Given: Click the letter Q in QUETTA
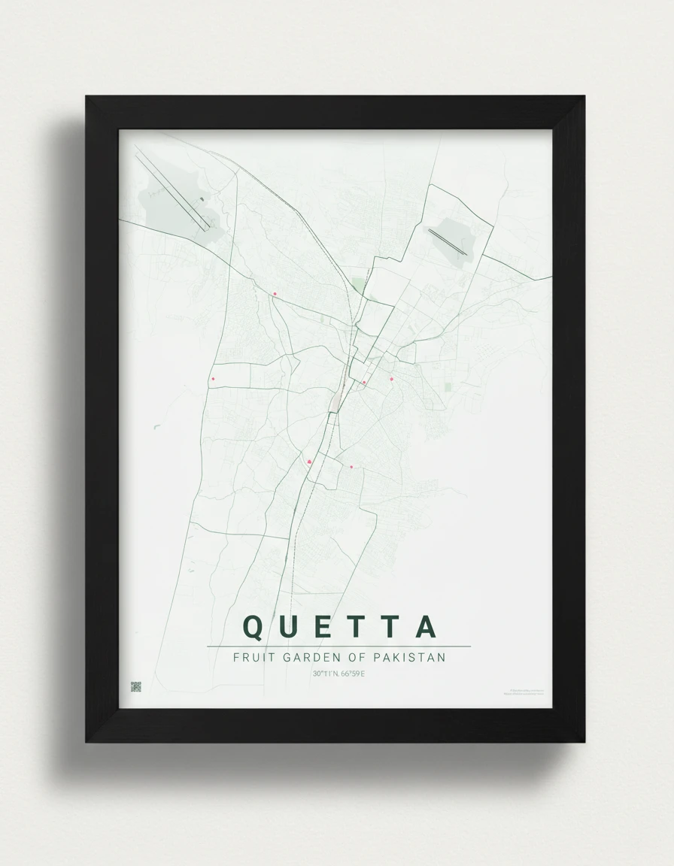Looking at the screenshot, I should click(x=254, y=627).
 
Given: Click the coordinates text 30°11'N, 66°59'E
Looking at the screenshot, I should click(x=339, y=674).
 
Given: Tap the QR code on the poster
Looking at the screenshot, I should click(x=136, y=687).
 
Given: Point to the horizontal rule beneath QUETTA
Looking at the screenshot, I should click(x=339, y=646).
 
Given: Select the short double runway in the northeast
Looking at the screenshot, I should click(x=448, y=242).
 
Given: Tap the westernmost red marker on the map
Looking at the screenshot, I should click(x=213, y=379).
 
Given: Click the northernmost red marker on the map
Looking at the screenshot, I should click(x=275, y=294).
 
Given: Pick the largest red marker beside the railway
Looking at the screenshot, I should click(x=309, y=462).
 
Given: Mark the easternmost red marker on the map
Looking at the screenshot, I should click(x=391, y=379).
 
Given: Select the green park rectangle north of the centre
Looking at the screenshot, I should click(x=358, y=286).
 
